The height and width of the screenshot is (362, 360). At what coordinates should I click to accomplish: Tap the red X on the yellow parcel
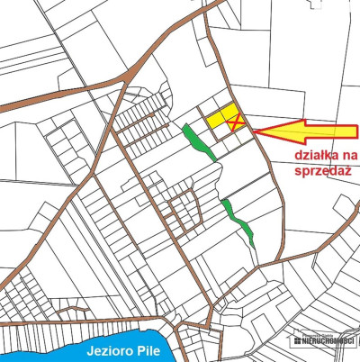233,122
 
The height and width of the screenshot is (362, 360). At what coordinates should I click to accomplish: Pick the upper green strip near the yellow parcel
197,141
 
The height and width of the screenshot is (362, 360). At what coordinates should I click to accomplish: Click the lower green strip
239,220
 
